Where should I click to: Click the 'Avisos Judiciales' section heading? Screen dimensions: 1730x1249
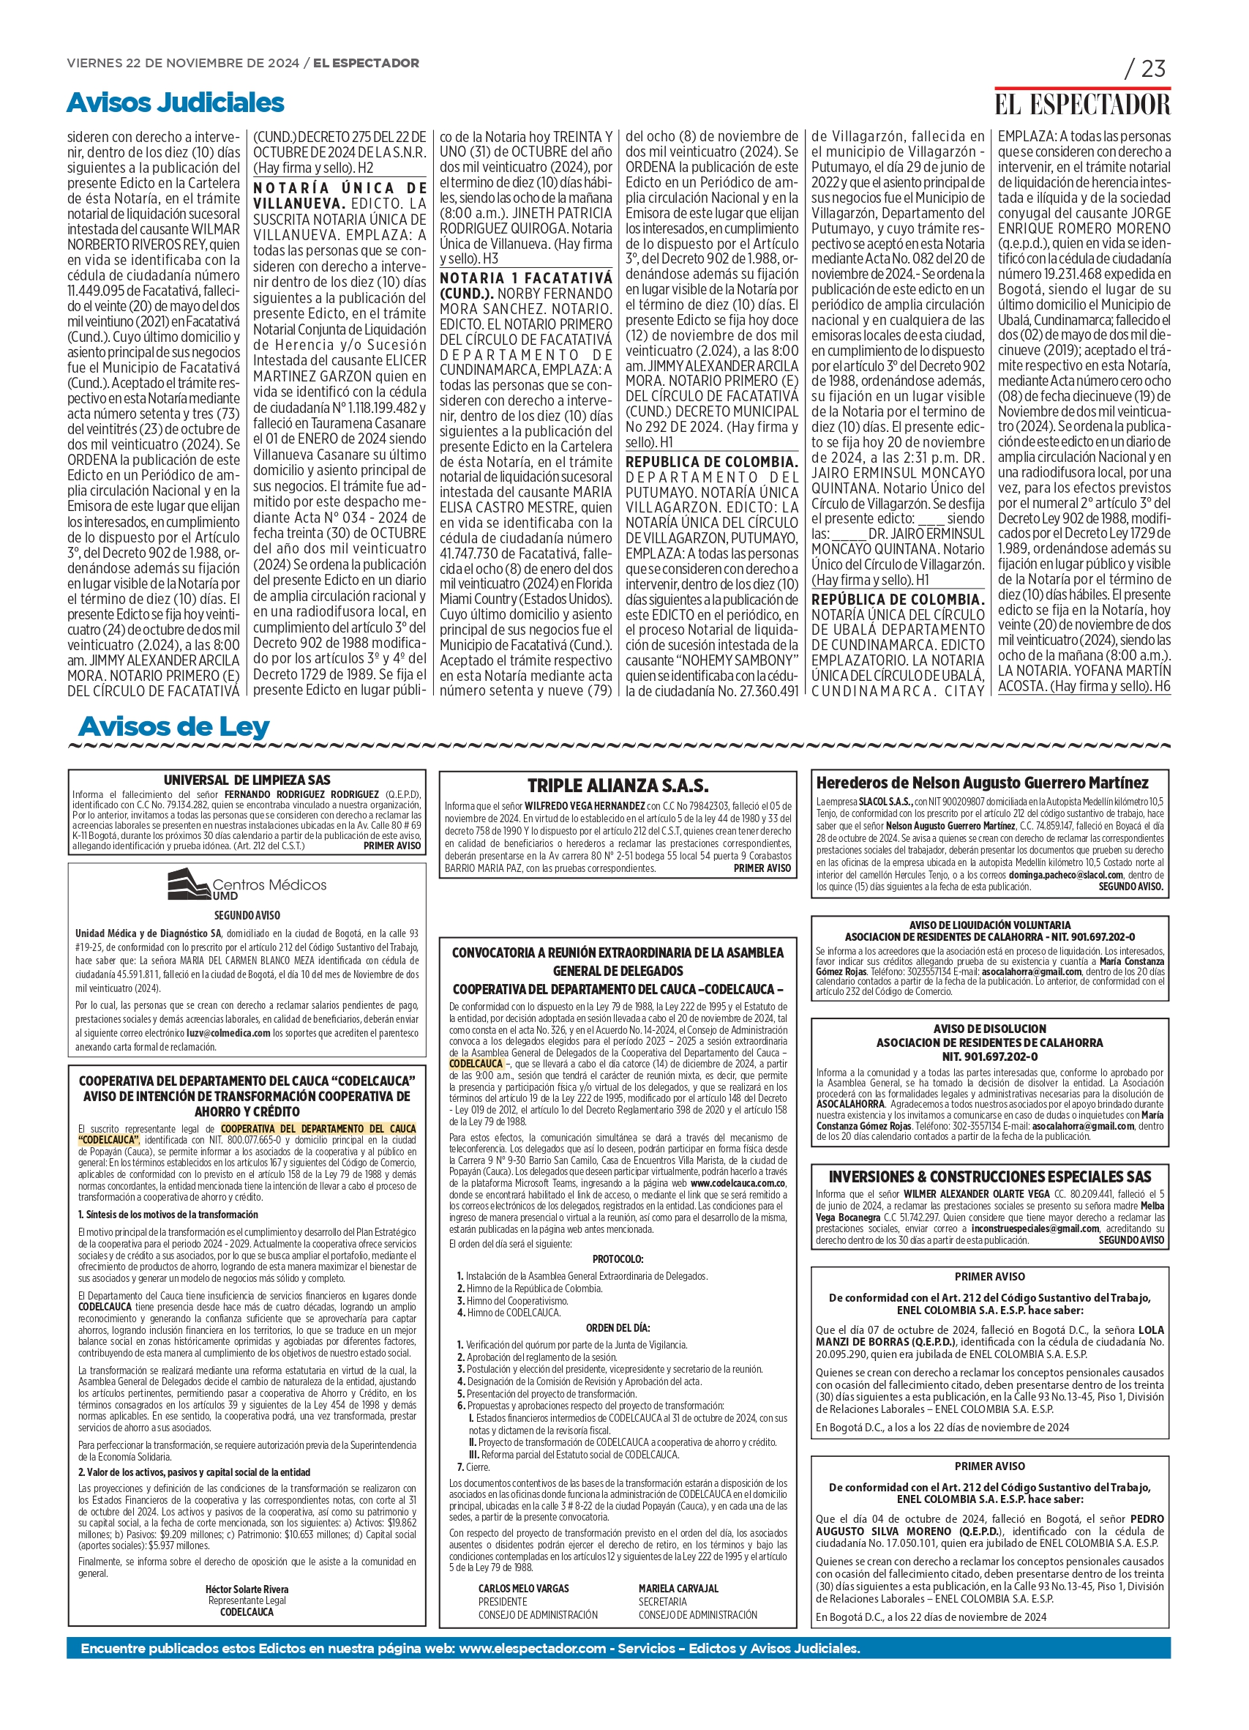tap(176, 103)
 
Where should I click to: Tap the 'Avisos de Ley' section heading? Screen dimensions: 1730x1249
tap(174, 726)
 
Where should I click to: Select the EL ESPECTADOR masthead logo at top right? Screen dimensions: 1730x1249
tap(1082, 105)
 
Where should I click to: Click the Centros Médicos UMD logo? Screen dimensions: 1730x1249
tap(247, 885)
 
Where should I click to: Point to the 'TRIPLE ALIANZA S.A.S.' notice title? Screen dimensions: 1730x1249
tap(618, 786)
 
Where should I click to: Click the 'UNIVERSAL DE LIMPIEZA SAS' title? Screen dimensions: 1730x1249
tap(247, 780)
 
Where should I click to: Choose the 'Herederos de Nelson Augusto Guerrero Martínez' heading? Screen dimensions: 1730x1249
tap(982, 783)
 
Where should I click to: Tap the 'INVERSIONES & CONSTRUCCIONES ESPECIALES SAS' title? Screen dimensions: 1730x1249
tap(990, 1177)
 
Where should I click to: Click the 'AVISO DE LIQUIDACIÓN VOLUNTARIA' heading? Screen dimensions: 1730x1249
tap(990, 925)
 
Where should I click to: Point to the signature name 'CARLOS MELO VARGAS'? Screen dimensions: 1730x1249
tap(524, 1589)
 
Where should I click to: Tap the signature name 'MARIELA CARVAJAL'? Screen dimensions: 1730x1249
tap(678, 1589)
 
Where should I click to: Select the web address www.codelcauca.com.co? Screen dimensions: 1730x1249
tap(738, 1183)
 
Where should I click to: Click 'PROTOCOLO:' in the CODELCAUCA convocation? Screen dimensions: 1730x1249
tap(618, 1259)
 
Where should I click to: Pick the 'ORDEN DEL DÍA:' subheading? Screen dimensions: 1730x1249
tap(618, 1328)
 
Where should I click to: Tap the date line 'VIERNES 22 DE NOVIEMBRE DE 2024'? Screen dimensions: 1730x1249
tap(183, 63)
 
